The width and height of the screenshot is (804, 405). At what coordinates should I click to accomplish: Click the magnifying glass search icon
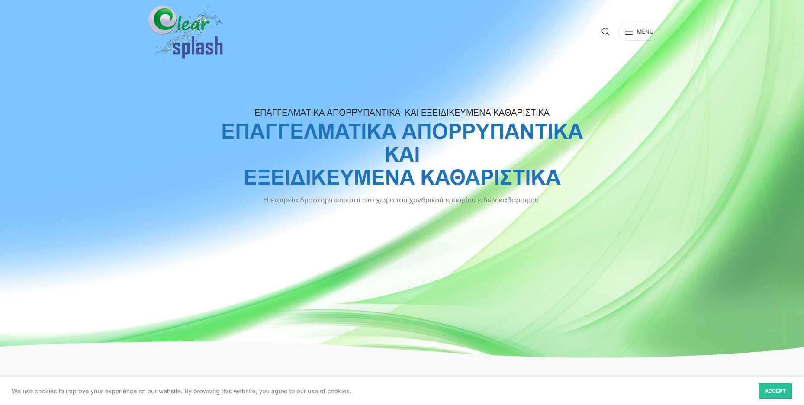(x=605, y=32)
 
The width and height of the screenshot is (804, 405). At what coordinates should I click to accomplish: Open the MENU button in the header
(x=639, y=32)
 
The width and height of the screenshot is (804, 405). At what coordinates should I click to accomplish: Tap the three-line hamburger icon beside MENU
(x=629, y=32)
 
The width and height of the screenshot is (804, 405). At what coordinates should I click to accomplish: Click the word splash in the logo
(x=197, y=47)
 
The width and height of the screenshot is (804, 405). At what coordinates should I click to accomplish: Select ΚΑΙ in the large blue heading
(x=402, y=154)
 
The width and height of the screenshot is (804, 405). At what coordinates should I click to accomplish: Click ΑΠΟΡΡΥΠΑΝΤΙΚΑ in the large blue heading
(x=492, y=132)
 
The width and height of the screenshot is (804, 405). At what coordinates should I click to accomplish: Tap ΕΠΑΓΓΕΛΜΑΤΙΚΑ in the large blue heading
(x=309, y=132)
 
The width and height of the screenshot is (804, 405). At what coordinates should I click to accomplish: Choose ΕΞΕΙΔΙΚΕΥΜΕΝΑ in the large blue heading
(x=329, y=177)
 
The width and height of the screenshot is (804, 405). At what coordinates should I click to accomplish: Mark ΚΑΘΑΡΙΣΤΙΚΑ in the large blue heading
(x=491, y=177)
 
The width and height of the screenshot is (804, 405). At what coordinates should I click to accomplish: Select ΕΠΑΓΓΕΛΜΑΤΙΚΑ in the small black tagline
(x=289, y=112)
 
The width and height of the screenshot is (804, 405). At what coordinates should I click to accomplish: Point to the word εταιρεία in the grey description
(x=284, y=200)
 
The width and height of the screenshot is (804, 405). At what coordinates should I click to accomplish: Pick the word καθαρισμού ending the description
(x=520, y=200)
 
